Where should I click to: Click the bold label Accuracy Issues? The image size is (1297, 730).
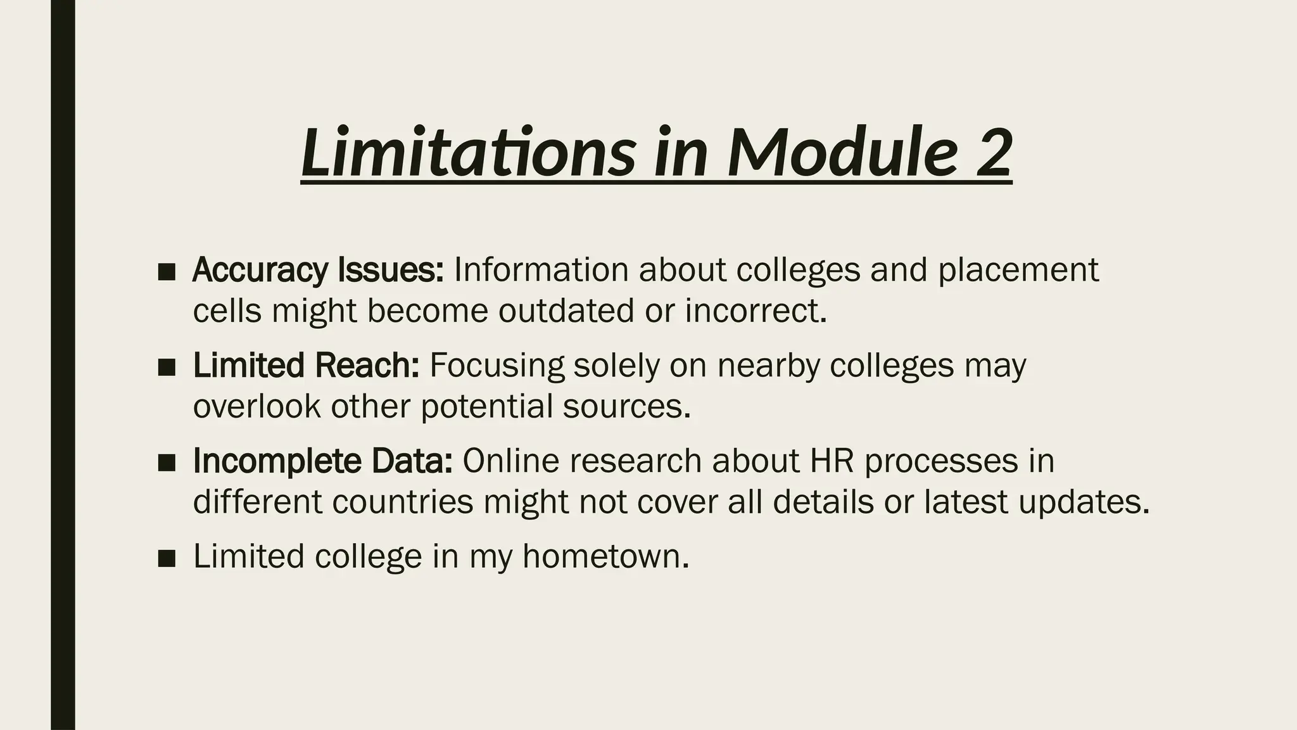click(318, 270)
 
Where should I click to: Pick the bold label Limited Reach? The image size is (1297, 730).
click(306, 366)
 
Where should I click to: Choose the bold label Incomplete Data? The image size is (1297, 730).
click(323, 461)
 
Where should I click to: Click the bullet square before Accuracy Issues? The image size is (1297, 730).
click(167, 272)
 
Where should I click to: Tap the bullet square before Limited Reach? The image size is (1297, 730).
click(167, 368)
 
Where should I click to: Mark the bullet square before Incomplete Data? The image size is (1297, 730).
click(167, 463)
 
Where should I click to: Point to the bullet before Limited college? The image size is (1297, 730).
click(167, 558)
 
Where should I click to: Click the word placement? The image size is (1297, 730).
click(1018, 270)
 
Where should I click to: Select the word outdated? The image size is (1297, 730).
click(566, 311)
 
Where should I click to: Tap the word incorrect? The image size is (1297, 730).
click(756, 311)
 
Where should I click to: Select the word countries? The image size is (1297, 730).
click(403, 502)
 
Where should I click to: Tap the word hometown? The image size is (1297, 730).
click(606, 556)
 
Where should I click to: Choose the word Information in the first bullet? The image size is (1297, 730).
click(541, 270)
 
